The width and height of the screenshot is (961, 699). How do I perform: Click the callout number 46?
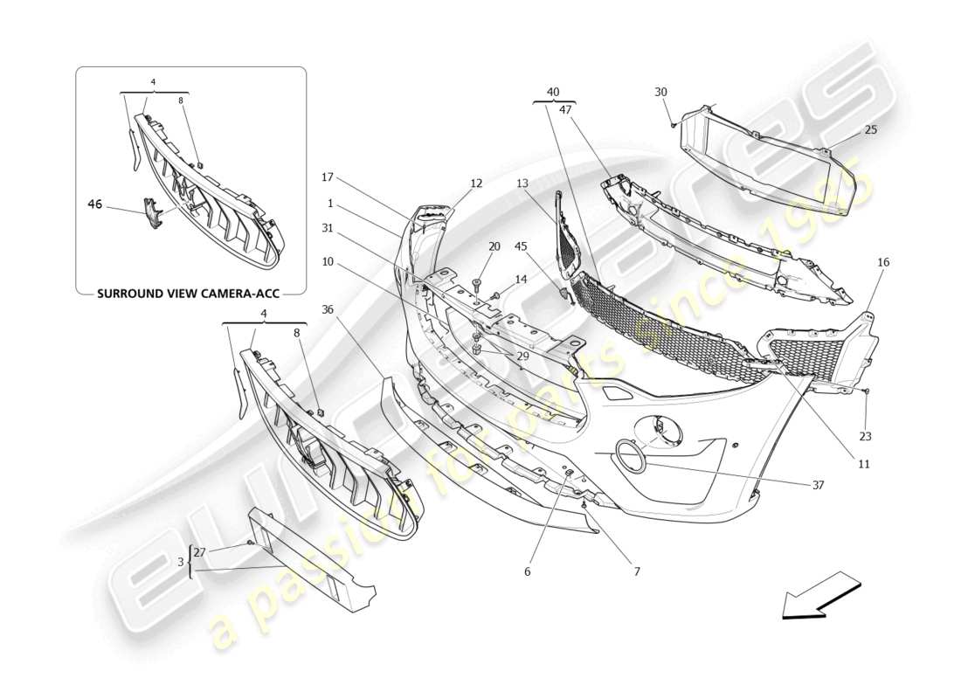[95, 205]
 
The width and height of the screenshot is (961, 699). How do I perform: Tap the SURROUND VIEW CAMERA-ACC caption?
[190, 294]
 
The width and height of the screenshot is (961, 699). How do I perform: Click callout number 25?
[871, 129]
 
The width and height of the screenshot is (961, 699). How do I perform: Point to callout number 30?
[660, 92]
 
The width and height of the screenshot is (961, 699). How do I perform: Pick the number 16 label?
[883, 261]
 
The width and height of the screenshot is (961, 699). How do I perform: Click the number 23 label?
[865, 436]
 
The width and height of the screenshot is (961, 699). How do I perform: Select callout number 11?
[863, 464]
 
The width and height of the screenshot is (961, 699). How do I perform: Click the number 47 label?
[565, 109]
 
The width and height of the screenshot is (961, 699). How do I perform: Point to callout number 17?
[328, 177]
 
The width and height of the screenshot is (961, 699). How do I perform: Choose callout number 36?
[327, 308]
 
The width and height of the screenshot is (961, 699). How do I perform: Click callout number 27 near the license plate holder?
[199, 551]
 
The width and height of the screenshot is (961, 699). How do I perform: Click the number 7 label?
[637, 571]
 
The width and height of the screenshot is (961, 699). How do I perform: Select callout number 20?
[494, 246]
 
